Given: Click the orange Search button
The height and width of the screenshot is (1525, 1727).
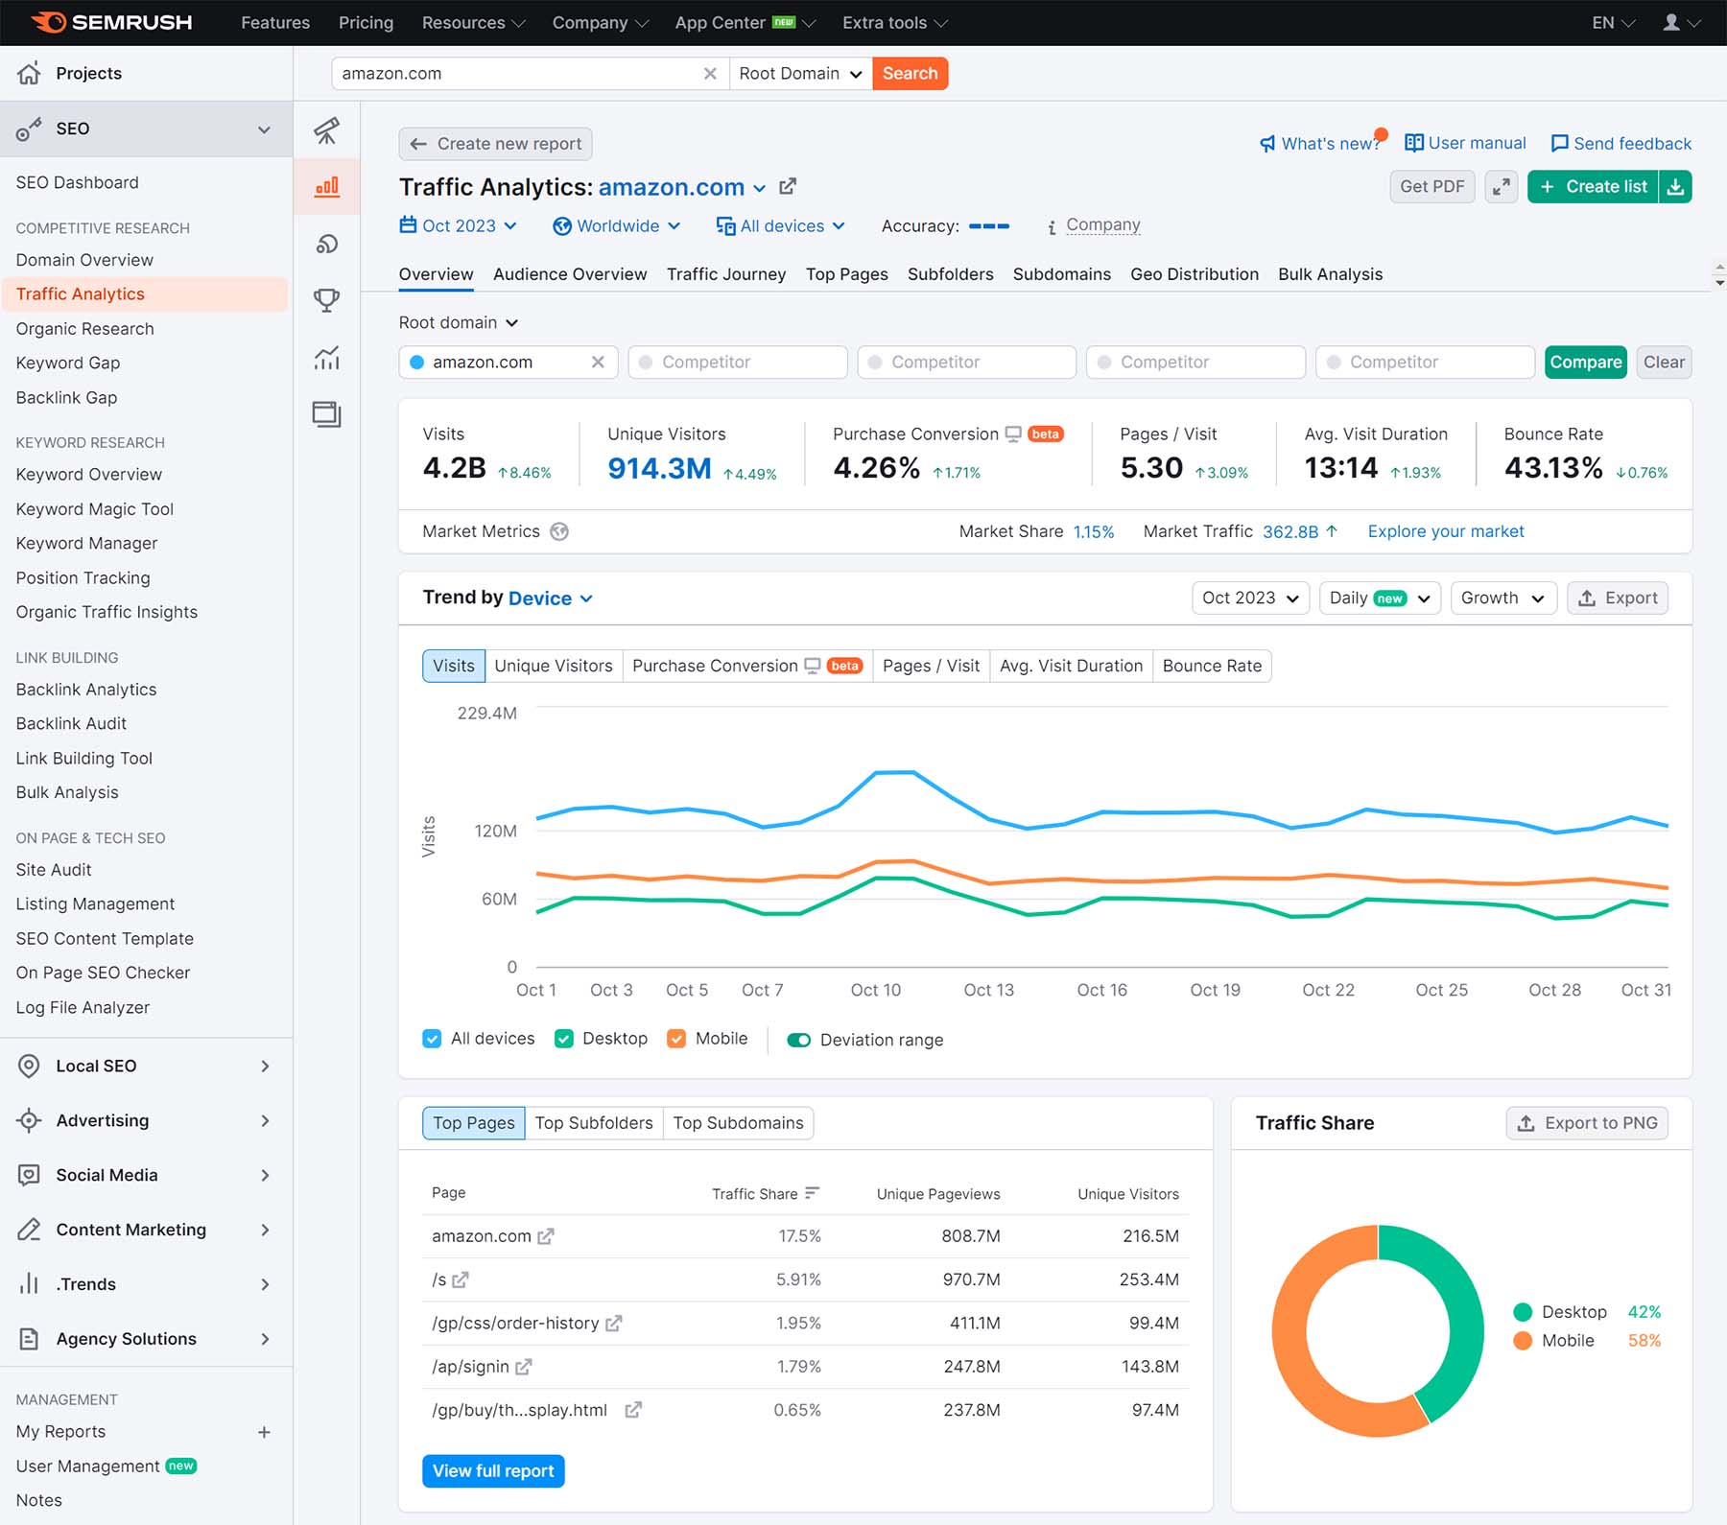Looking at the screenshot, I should pyautogui.click(x=910, y=74).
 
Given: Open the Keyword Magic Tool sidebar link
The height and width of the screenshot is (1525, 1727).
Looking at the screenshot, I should pyautogui.click(x=95, y=509).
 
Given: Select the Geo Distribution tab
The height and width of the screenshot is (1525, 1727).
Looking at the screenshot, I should pyautogui.click(x=1194, y=274).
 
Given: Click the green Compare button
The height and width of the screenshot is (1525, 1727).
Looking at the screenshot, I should pyautogui.click(x=1585, y=363).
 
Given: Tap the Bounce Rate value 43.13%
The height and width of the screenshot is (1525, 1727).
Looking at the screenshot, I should pyautogui.click(x=1552, y=468).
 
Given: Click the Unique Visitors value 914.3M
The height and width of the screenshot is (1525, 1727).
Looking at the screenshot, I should pyautogui.click(x=659, y=468).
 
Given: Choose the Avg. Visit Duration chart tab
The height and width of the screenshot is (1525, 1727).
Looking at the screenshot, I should pyautogui.click(x=1071, y=666).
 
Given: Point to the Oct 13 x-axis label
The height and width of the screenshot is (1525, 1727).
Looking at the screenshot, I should pyautogui.click(x=988, y=990).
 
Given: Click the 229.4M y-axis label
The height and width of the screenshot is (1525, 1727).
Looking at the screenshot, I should pyautogui.click(x=486, y=714).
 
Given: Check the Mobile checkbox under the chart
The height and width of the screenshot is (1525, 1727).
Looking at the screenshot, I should pyautogui.click(x=677, y=1039).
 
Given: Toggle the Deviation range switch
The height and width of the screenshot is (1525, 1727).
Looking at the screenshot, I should pyautogui.click(x=798, y=1040).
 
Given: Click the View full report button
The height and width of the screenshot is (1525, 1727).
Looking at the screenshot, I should pyautogui.click(x=493, y=1471).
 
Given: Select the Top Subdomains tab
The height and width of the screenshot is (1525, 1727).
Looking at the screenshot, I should pyautogui.click(x=738, y=1123).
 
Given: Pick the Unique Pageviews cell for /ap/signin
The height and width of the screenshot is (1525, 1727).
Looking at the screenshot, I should pyautogui.click(x=971, y=1367).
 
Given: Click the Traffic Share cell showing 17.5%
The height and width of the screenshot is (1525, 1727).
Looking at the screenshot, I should pyautogui.click(x=799, y=1236).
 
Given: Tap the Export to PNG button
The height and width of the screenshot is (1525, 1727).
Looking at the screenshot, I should pyautogui.click(x=1587, y=1123).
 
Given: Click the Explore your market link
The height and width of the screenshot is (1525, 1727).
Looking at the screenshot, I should pyautogui.click(x=1445, y=531).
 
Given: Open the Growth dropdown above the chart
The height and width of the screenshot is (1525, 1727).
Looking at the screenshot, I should pyautogui.click(x=1502, y=598).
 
